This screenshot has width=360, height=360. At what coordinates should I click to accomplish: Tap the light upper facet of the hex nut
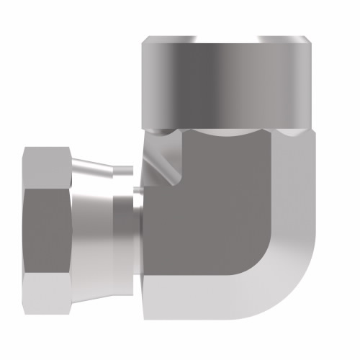point(45,166)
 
